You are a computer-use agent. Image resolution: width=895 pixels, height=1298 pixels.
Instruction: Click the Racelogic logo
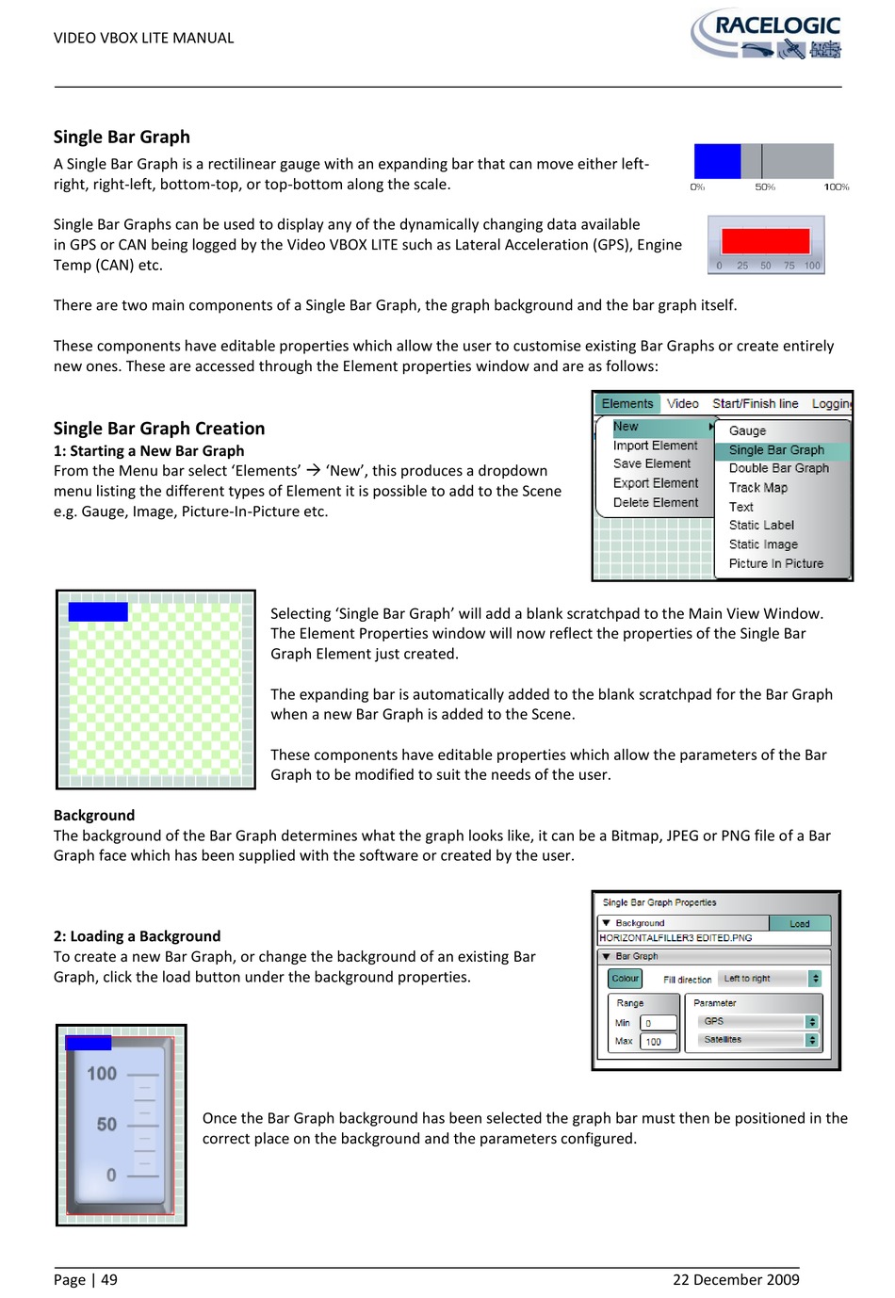(767, 35)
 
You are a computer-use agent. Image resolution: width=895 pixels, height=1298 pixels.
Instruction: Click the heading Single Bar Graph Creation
(159, 429)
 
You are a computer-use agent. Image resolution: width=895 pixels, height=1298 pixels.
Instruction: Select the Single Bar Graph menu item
(776, 450)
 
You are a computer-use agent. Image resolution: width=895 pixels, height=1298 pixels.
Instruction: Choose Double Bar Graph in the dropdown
(778, 468)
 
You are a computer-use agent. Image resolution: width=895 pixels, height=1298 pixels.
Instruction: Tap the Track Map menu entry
(757, 488)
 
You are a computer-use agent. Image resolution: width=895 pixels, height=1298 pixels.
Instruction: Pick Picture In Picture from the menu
(775, 563)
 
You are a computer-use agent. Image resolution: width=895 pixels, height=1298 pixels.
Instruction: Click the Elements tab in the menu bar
(627, 404)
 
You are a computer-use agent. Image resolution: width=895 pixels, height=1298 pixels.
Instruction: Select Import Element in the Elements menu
(655, 446)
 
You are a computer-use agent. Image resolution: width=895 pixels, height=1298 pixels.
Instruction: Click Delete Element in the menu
(655, 503)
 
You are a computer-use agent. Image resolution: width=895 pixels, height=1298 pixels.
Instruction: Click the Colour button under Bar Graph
(625, 979)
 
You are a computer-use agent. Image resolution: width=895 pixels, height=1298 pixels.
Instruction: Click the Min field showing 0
(659, 1023)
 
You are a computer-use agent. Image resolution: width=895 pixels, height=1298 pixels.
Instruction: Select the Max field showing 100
(659, 1042)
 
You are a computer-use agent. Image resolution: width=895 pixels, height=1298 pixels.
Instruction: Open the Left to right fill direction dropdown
(769, 979)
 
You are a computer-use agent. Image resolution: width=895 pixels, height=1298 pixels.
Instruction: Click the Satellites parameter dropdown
(758, 1040)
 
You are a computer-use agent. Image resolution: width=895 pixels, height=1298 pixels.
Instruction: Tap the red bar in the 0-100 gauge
(765, 240)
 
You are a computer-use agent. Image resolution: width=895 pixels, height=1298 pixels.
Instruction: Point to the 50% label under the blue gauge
(765, 187)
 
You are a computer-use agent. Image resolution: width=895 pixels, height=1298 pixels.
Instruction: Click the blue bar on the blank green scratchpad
(98, 612)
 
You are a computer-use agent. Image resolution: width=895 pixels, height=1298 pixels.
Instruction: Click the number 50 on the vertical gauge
(106, 1125)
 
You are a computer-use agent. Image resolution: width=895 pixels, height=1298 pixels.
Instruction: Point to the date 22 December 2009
(736, 1279)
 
